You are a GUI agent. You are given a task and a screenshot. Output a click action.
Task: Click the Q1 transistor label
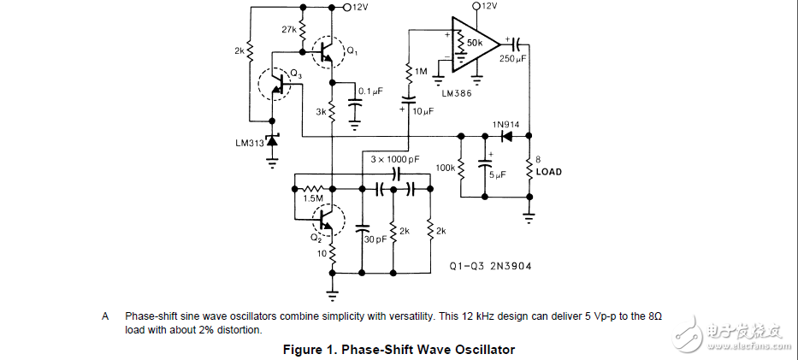coord(351,50)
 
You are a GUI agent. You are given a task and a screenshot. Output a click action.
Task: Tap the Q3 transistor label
coord(296,74)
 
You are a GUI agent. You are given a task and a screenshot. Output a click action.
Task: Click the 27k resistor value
coord(289,29)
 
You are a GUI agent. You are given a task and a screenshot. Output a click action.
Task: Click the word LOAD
coord(548,171)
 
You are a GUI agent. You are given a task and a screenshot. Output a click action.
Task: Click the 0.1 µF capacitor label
coord(370,90)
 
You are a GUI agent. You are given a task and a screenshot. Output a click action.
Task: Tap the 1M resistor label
coord(420,72)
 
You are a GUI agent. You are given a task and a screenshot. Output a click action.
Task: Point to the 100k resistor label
coord(446,167)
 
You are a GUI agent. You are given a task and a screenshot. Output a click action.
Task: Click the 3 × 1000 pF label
coord(396,159)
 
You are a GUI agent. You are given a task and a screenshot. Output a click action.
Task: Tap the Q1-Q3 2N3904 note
coord(491,266)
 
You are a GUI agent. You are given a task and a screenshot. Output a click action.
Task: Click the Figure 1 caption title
coord(399,349)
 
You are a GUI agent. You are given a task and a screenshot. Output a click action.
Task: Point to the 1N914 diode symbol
coord(506,135)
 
